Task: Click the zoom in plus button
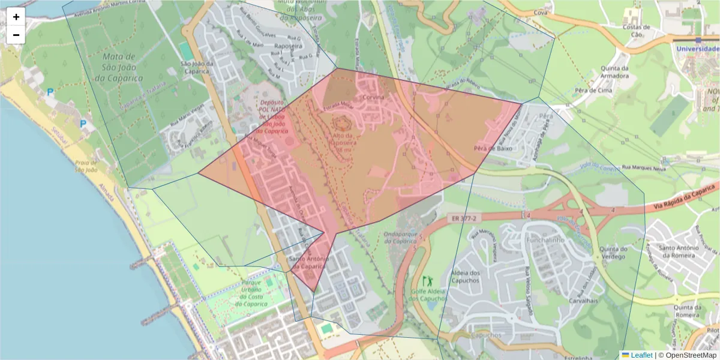[16, 17]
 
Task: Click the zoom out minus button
[16, 35]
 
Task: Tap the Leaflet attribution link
[637, 355]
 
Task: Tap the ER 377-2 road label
[461, 219]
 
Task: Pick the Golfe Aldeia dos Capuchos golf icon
[427, 280]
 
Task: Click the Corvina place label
[372, 97]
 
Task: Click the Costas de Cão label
[637, 31]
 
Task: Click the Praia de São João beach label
[86, 166]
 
